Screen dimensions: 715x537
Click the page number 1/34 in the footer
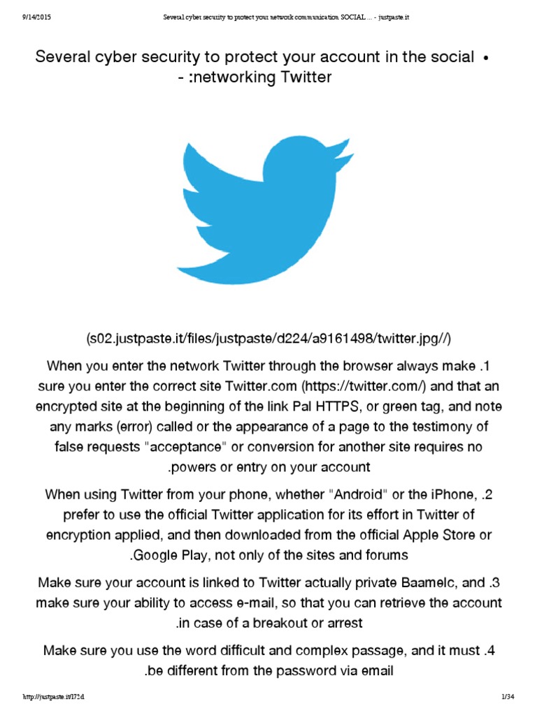pyautogui.click(x=508, y=698)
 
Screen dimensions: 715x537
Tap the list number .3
pyautogui.click(x=494, y=582)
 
